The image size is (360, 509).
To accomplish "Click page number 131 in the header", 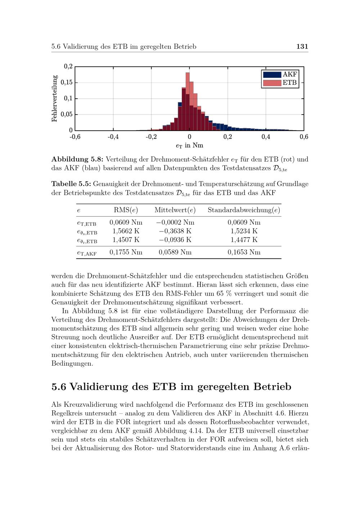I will pyautogui.click(x=302, y=46).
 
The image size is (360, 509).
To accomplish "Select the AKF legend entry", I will pyautogui.click(x=280, y=75).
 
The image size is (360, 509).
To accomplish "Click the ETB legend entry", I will pyautogui.click(x=280, y=83).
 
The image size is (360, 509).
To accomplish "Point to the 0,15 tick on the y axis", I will pyautogui.click(x=67, y=82).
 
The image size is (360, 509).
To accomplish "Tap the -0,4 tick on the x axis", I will pyautogui.click(x=113, y=137).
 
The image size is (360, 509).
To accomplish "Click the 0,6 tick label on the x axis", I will pyautogui.click(x=304, y=137).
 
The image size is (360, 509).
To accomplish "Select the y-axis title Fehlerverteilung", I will pyautogui.click(x=55, y=98).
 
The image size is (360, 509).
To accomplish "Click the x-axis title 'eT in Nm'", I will pyautogui.click(x=189, y=145).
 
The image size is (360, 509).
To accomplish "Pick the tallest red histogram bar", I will pyautogui.click(x=188, y=101).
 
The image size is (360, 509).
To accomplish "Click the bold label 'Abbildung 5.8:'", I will pyautogui.click(x=77, y=159).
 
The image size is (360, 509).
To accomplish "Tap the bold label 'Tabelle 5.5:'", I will pyautogui.click(x=71, y=184).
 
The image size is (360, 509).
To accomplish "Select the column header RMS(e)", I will pyautogui.click(x=126, y=210).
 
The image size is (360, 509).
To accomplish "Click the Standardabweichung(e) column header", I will pyautogui.click(x=244, y=210).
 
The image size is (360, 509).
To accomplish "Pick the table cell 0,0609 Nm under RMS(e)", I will pyautogui.click(x=126, y=222).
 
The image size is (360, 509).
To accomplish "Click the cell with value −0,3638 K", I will pyautogui.click(x=175, y=231).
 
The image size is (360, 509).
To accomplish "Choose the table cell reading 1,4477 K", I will pyautogui.click(x=244, y=240).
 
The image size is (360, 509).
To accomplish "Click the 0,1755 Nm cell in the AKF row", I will pyautogui.click(x=126, y=252).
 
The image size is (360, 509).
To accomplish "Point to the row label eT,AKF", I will pyautogui.click(x=87, y=253).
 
